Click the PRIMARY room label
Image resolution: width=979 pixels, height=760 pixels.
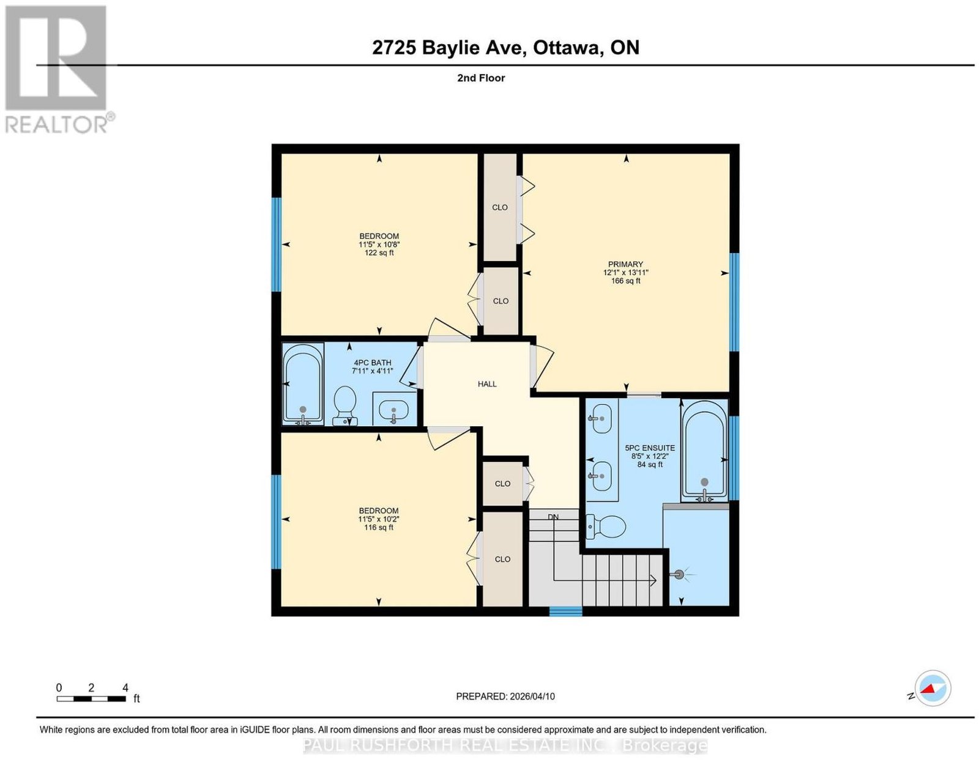tap(625, 264)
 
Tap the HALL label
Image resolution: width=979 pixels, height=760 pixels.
tap(487, 384)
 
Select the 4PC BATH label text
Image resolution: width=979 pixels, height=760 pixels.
tap(372, 363)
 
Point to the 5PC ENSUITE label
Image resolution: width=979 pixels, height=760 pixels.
tap(650, 448)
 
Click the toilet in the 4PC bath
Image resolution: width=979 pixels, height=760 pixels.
tap(345, 405)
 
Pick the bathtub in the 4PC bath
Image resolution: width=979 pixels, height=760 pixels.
tap(303, 384)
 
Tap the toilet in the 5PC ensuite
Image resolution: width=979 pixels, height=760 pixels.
tap(606, 526)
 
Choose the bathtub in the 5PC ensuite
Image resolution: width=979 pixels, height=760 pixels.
tap(704, 451)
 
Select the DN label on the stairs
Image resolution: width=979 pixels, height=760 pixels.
tap(553, 517)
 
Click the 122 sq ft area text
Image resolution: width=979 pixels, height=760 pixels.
tap(379, 253)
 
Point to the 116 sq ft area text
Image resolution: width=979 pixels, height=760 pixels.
tap(378, 527)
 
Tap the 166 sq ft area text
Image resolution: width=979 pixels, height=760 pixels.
tap(625, 281)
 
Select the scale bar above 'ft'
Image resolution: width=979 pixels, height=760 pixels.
tap(91, 699)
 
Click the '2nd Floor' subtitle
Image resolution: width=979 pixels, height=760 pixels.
tap(481, 78)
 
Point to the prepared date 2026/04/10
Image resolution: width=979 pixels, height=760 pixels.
tap(532, 696)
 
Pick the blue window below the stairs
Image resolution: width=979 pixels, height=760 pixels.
tap(565, 611)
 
